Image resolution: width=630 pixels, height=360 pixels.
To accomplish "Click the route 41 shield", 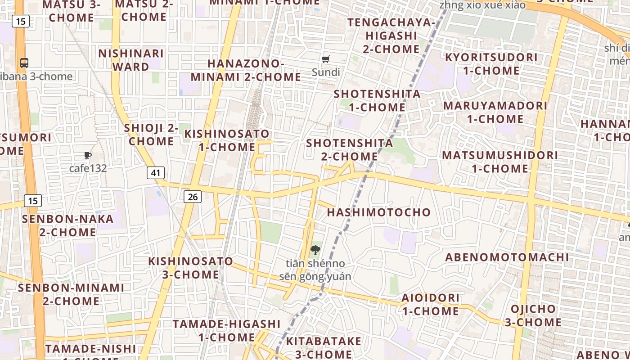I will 155,172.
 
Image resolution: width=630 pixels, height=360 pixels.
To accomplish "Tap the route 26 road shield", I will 192,196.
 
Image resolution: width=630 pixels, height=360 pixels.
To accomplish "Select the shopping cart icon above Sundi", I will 326,59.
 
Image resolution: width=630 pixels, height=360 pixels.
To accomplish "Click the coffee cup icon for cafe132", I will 88,156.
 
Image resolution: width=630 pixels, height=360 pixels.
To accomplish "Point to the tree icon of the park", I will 315,250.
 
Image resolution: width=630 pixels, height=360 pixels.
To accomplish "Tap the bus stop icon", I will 24,63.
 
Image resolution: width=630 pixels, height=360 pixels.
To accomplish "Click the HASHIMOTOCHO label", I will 378,212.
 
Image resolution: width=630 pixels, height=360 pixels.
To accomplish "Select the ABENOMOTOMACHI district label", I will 507,257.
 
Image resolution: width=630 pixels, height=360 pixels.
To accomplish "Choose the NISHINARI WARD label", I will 131,60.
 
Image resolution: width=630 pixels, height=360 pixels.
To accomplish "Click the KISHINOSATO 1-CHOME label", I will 227,140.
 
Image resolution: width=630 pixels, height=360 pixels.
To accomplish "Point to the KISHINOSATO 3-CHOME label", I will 191,268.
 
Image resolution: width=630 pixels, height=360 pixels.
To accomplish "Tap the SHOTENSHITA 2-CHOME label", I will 350,150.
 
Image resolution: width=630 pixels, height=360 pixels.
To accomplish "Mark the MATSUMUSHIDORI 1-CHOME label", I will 499,162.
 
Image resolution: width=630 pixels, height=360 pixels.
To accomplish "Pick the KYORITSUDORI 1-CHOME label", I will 491,64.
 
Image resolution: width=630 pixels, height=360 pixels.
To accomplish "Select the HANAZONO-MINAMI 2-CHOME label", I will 246,70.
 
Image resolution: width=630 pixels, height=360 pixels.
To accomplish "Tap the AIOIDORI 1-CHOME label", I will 431,304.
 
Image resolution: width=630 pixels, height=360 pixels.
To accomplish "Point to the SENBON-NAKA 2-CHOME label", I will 67,225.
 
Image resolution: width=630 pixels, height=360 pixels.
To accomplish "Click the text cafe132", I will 88,168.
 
